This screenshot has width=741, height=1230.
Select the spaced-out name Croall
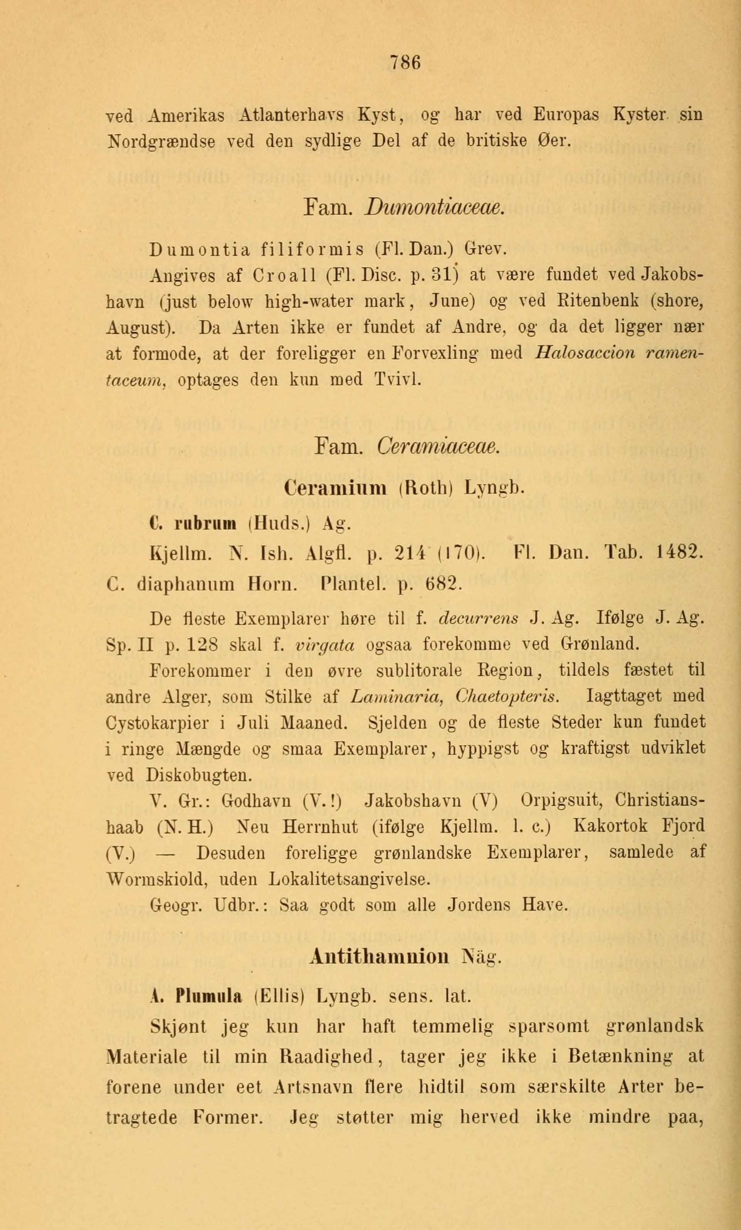click(x=283, y=275)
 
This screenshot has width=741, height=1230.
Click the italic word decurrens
click(x=478, y=619)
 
